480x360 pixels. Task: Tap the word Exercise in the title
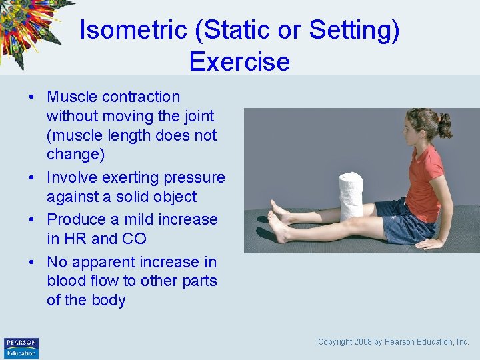click(x=239, y=61)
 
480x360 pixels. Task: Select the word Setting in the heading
click(x=353, y=31)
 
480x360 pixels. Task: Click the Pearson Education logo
click(x=21, y=347)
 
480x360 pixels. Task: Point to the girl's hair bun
click(x=444, y=125)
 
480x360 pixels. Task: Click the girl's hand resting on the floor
click(x=431, y=243)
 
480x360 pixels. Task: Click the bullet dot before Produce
click(x=31, y=220)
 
